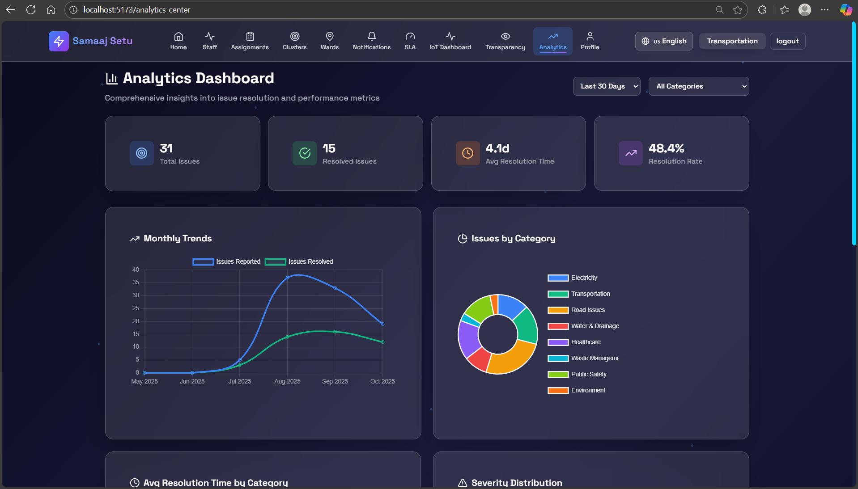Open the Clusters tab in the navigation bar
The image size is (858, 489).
coord(294,41)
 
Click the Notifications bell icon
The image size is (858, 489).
coord(371,36)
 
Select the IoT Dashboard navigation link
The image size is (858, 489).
coord(450,41)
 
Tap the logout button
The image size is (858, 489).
coord(787,41)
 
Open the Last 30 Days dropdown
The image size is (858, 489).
coord(606,86)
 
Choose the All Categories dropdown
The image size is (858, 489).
coord(698,86)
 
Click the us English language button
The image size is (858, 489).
coord(664,41)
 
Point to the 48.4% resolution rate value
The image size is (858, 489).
coord(666,148)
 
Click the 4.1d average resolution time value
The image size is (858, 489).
coord(497,148)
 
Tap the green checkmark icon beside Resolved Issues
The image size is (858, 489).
coord(305,153)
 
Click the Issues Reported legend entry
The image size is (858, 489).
coord(226,262)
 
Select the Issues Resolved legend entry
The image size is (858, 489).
coord(299,262)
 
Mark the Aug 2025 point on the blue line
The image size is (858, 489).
coord(287,278)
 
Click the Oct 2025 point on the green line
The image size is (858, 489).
coord(382,342)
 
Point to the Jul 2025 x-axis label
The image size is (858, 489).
coord(240,381)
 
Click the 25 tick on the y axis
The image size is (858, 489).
coord(136,308)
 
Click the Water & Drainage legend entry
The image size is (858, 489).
coord(583,326)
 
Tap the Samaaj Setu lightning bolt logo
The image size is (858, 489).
coord(59,41)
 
